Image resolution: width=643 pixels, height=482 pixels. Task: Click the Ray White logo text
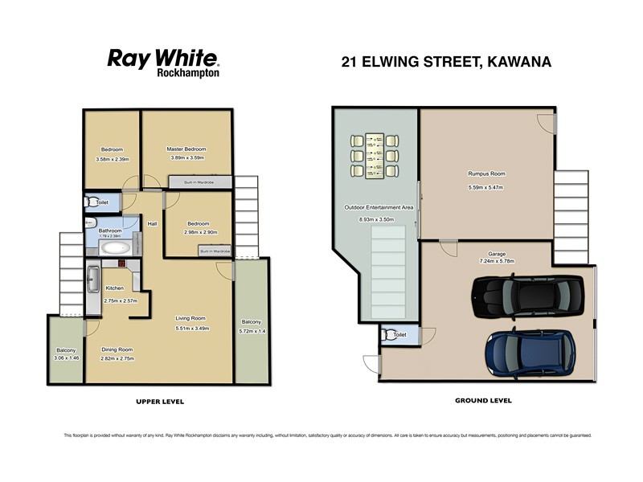click(163, 59)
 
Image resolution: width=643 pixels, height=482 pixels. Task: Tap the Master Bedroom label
click(186, 149)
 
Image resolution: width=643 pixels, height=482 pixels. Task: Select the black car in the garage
click(530, 297)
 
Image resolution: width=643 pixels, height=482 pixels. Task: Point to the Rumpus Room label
click(486, 174)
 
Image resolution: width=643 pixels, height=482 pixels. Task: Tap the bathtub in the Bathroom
click(113, 249)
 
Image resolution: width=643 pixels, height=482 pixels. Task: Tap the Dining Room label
click(117, 349)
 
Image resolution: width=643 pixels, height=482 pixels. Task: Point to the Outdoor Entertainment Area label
click(378, 207)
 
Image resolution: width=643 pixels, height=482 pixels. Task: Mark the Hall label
click(152, 224)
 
